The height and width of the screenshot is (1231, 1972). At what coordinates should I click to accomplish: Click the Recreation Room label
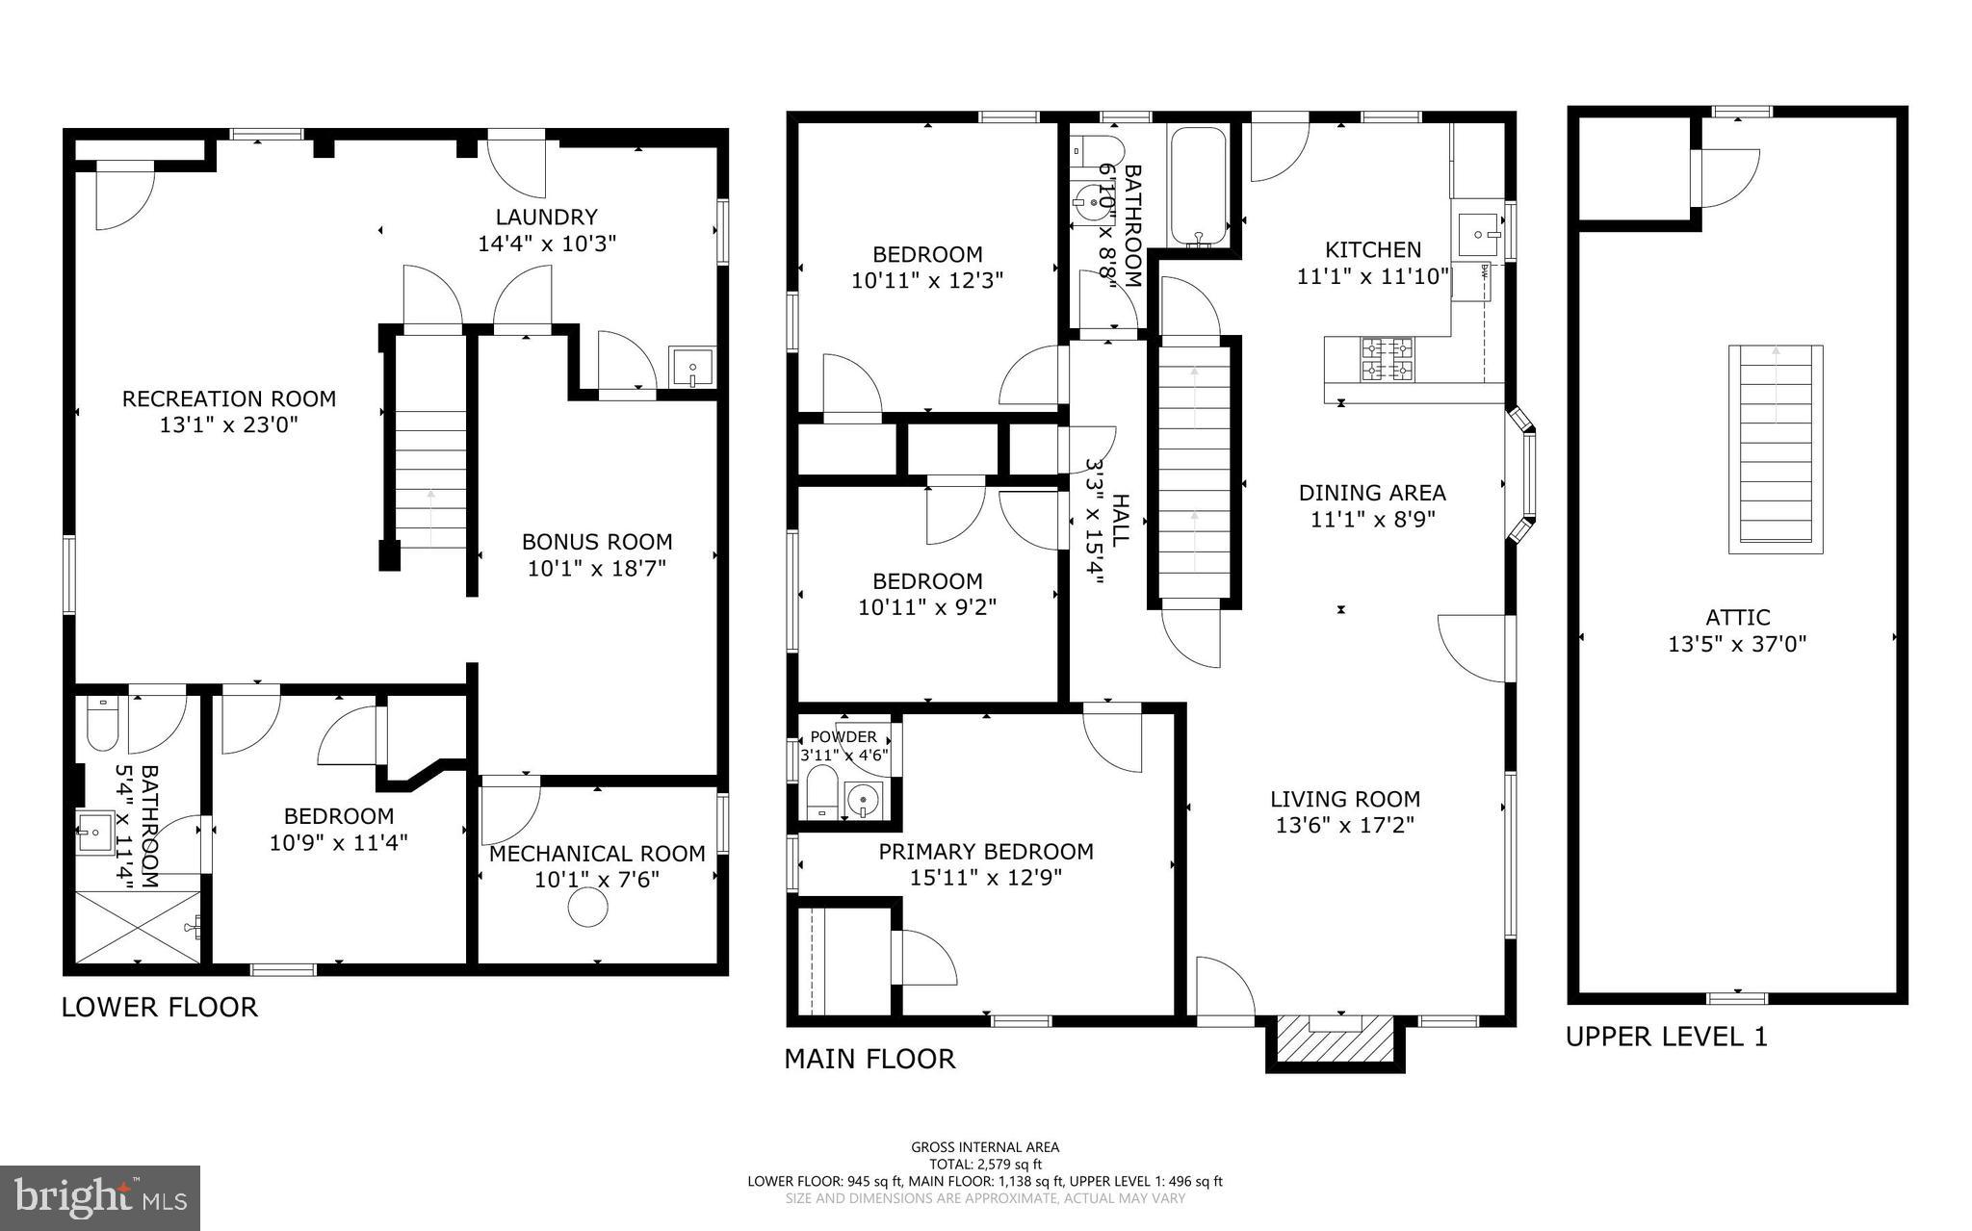pyautogui.click(x=229, y=398)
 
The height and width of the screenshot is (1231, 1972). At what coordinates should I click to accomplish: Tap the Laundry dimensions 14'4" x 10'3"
pyautogui.click(x=547, y=244)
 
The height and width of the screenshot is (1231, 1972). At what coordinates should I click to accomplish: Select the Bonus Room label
pyautogui.click(x=597, y=542)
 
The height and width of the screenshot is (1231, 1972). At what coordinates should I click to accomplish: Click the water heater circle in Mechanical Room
pyautogui.click(x=586, y=907)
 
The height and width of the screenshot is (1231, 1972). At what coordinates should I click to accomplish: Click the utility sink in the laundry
pyautogui.click(x=692, y=368)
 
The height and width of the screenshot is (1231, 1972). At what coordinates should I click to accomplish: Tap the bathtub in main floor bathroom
pyautogui.click(x=1198, y=188)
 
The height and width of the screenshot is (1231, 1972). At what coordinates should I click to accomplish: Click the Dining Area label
pyautogui.click(x=1372, y=493)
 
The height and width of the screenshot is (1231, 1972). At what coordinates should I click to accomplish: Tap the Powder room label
pyautogui.click(x=843, y=737)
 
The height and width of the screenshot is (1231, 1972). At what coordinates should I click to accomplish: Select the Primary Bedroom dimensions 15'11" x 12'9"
pyautogui.click(x=986, y=878)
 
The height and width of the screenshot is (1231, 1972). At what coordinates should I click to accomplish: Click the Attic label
pyautogui.click(x=1737, y=618)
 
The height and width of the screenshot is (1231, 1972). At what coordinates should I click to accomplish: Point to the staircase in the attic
pyautogui.click(x=1776, y=449)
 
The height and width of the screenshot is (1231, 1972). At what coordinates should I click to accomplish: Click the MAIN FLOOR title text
pyautogui.click(x=869, y=1059)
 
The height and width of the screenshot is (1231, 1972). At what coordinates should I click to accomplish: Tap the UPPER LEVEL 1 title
pyautogui.click(x=1666, y=1037)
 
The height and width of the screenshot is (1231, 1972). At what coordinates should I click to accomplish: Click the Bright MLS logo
pyautogui.click(x=100, y=1197)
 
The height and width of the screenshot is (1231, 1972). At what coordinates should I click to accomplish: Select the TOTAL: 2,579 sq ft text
pyautogui.click(x=985, y=1164)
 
